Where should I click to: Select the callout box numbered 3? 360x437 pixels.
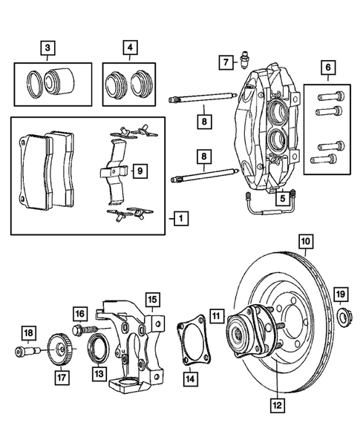tap(48, 49)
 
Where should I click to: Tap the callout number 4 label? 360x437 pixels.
tap(131, 49)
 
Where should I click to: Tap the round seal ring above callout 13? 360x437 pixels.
tap(97, 347)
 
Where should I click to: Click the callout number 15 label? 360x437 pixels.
tap(152, 300)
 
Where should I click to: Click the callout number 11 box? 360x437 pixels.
tap(215, 315)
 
